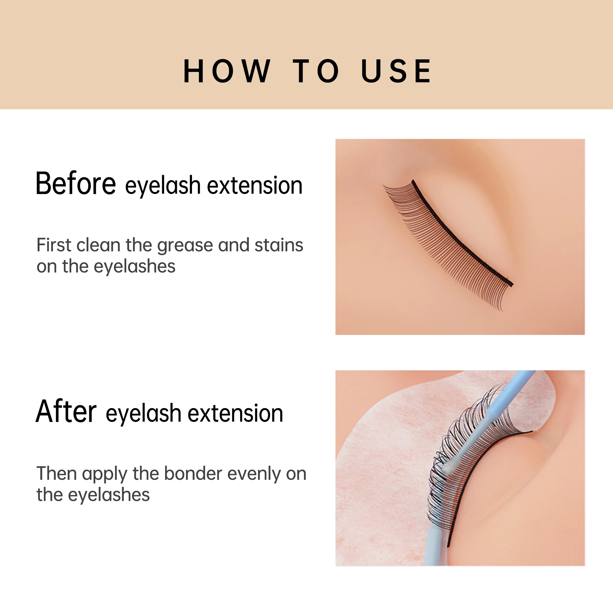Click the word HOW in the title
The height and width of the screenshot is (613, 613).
[x=227, y=71]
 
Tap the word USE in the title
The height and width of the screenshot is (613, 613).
[x=396, y=71]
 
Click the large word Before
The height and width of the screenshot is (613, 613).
[x=76, y=184]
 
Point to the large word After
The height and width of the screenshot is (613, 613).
[x=66, y=412]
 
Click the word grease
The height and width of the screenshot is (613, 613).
[x=185, y=246]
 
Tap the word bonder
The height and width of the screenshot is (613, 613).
[x=193, y=474]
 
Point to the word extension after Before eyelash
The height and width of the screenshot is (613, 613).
[x=254, y=186]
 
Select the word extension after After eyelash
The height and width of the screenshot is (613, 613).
[x=235, y=413]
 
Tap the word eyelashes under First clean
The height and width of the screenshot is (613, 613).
[x=134, y=267]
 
